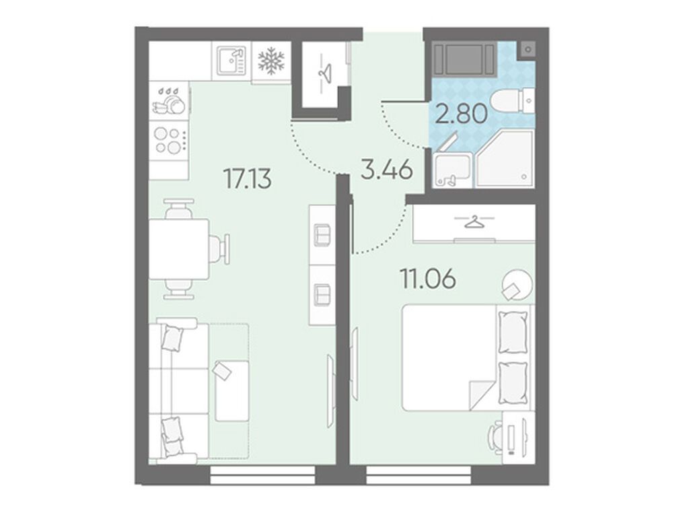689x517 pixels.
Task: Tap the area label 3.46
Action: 387,170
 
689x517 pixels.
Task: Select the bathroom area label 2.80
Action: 462,113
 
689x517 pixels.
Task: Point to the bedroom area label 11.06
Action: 427,278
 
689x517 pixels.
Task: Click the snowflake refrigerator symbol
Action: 271,61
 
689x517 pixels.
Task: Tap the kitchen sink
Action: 231,61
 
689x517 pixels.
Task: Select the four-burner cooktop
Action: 170,141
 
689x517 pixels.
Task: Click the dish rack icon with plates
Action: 168,102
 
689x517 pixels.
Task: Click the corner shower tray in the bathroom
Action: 505,158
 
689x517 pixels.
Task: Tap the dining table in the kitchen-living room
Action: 178,249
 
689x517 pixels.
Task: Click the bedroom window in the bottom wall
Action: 419,475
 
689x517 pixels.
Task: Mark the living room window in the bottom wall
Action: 263,475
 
